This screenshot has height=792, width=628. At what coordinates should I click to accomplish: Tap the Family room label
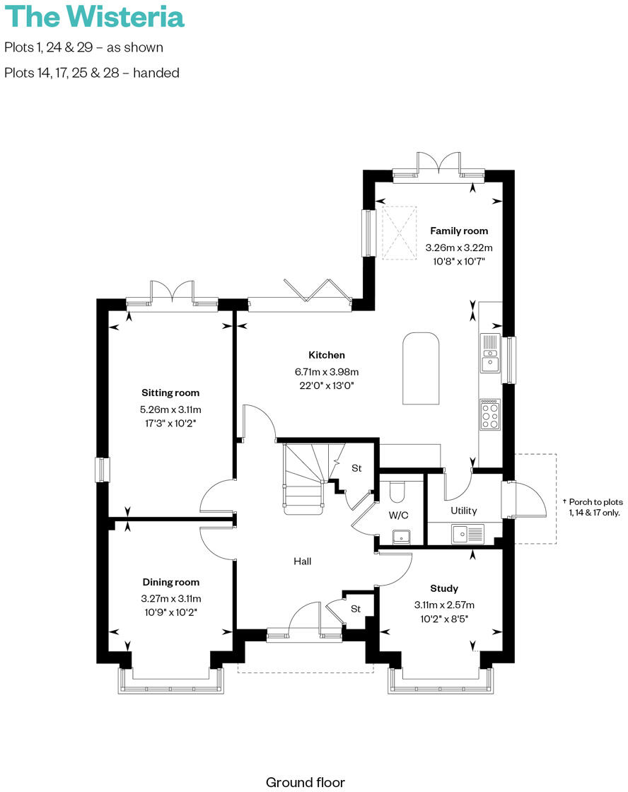[459, 231]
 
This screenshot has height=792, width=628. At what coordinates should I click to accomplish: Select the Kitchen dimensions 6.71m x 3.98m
[326, 371]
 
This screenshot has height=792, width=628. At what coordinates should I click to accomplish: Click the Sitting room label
[170, 392]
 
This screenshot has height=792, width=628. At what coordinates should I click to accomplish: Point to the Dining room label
[170, 582]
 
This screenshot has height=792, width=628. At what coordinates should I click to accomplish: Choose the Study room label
[444, 588]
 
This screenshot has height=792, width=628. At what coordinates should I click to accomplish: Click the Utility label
[464, 511]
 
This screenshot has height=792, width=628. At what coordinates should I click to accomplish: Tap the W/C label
[398, 515]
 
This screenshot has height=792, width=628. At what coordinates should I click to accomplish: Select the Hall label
[303, 561]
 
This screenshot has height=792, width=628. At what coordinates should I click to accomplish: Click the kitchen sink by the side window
[490, 353]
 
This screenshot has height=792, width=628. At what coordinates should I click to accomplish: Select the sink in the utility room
[467, 532]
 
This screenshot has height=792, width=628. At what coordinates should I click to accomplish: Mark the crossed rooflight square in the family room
[397, 232]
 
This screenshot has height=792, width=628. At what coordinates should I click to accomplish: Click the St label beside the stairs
[356, 468]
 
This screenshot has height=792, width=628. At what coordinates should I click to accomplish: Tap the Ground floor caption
[305, 782]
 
